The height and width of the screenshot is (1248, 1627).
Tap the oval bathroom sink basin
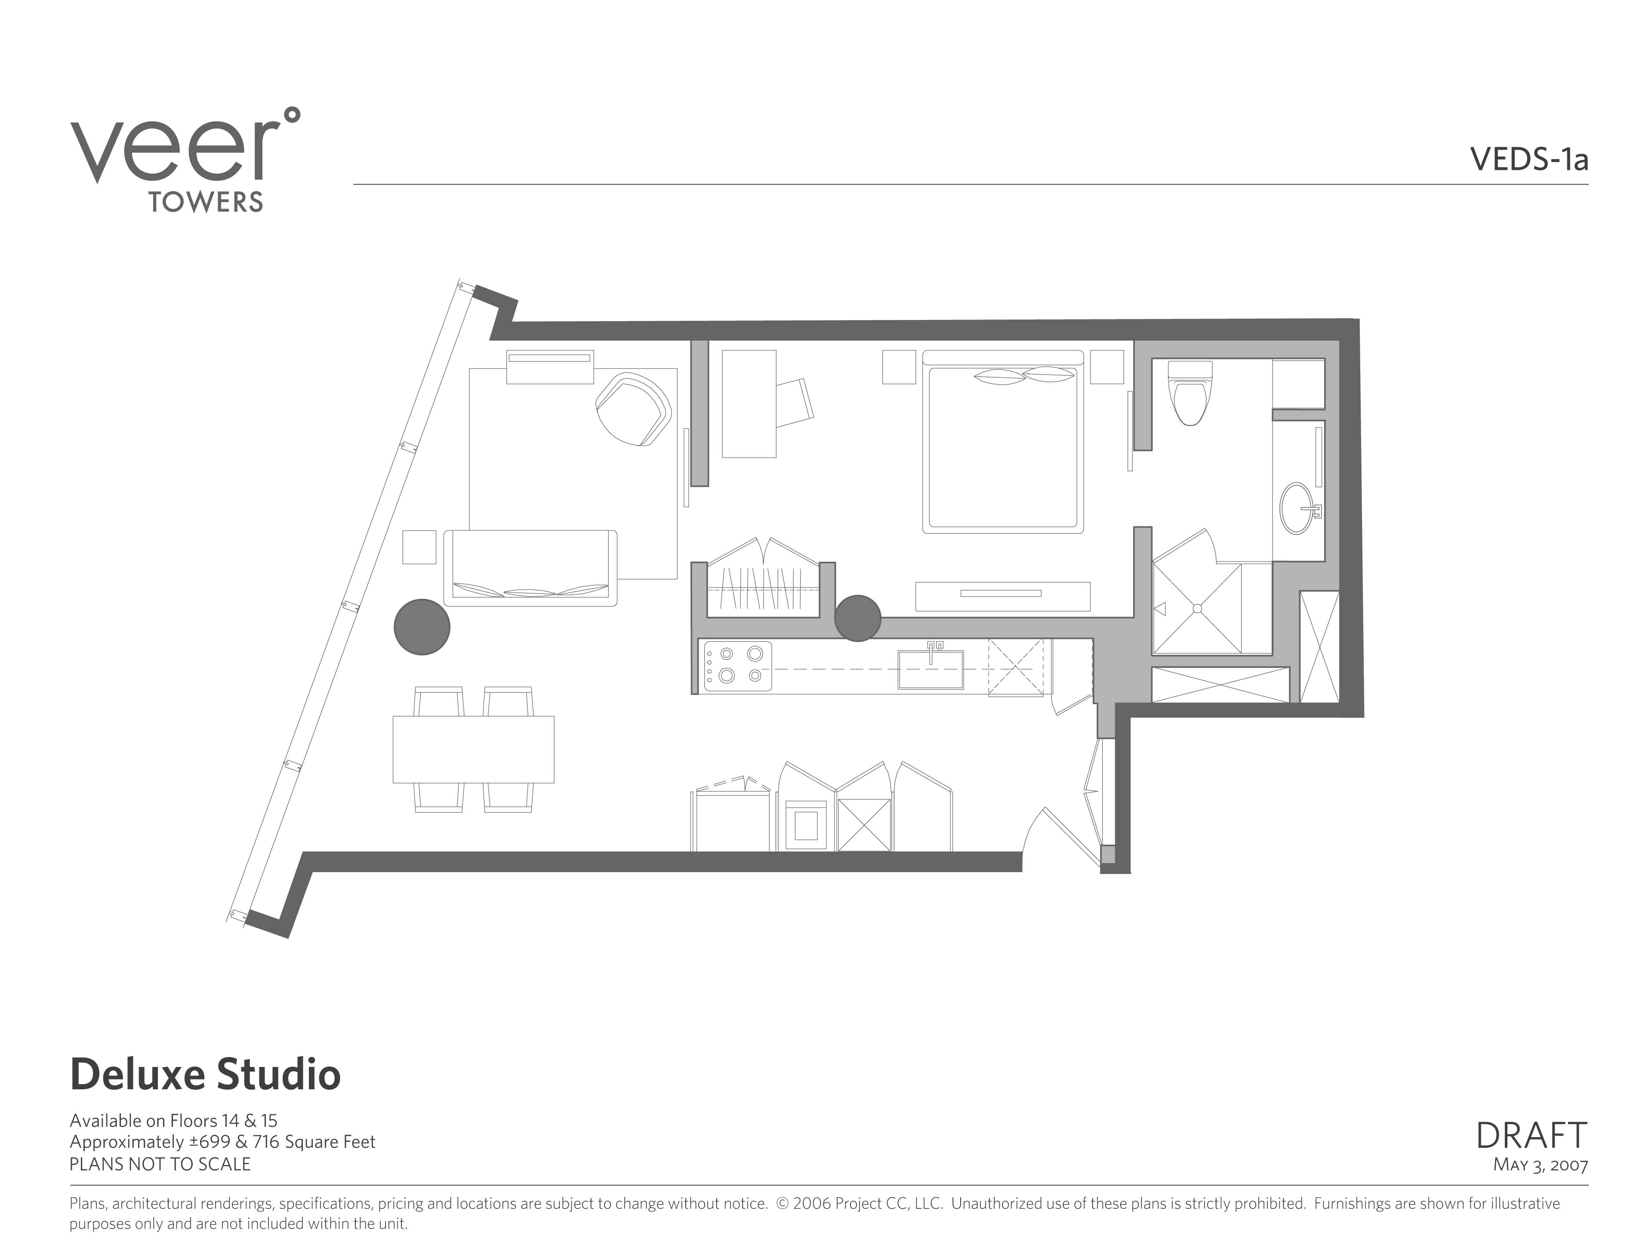point(1297,508)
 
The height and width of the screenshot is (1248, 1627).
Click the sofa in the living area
point(530,568)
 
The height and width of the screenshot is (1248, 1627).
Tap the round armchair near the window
point(634,409)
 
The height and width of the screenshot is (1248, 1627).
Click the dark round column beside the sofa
point(422,627)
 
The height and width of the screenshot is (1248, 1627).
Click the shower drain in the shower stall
point(1197,609)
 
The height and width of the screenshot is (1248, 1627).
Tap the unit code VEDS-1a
point(1529,159)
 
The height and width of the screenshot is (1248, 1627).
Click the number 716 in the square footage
point(266,1142)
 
